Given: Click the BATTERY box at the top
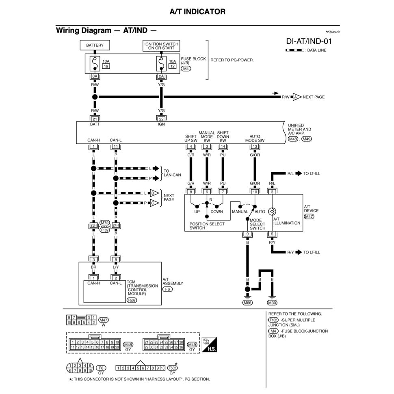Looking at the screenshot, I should (x=95, y=45).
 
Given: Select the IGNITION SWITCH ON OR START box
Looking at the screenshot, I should (x=161, y=45).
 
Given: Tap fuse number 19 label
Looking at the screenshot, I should (x=106, y=66).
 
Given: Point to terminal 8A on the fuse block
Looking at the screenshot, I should (x=95, y=76).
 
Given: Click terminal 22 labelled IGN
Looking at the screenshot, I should (x=161, y=119).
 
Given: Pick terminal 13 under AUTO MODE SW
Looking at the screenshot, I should (x=255, y=147).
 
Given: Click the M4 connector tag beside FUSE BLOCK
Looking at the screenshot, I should (x=186, y=69).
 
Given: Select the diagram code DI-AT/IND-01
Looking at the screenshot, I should (x=309, y=41).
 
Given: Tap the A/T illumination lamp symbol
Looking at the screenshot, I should (x=272, y=212).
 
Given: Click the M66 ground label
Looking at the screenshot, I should (x=247, y=303).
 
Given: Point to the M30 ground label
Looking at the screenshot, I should (x=272, y=303).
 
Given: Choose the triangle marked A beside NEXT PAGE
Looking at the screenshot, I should (x=297, y=97).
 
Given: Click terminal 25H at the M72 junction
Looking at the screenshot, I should (x=94, y=225).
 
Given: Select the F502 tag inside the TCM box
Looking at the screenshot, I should (x=132, y=300).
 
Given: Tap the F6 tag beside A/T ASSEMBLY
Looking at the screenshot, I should (x=167, y=289).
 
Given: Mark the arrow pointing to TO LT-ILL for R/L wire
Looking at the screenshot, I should (x=299, y=173).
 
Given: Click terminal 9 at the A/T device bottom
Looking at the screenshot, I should (x=247, y=234).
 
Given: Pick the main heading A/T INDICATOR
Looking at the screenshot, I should (x=197, y=12).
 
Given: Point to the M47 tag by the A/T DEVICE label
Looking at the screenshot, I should (x=309, y=216).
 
